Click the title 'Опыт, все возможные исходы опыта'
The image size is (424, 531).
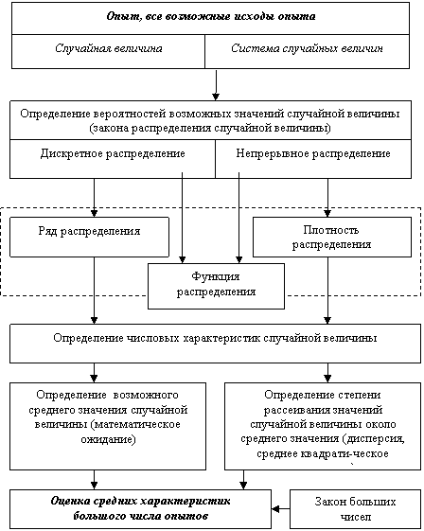pos(211,16)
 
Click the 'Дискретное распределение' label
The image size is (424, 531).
pos(113,153)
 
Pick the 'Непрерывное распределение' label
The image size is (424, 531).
pos(313,153)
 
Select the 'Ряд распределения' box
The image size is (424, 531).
pos(89,237)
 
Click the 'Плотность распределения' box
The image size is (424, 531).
pos(332,237)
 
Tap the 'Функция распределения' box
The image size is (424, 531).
pos(216,287)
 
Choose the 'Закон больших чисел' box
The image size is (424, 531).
pos(355,509)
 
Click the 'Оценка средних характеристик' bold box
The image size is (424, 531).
pos(140,509)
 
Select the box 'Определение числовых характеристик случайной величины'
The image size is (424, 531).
pos(216,344)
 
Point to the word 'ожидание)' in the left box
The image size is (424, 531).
pos(109,439)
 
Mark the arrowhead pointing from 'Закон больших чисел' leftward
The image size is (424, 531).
pos(275,509)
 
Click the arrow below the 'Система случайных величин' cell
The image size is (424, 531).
pos(216,84)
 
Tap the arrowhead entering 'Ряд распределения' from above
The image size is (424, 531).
pos(94,213)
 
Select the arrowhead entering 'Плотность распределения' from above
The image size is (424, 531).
pos(327,213)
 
